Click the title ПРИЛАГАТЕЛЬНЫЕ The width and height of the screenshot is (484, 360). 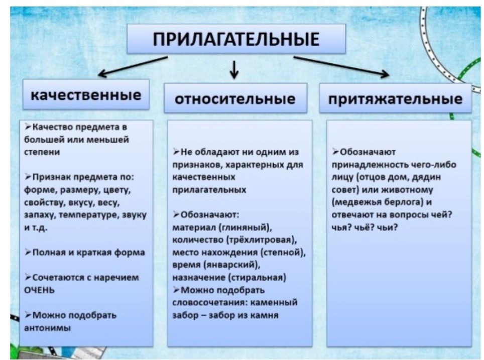click(236, 39)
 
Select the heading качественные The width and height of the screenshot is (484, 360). click(86, 94)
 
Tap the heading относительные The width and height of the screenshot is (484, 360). click(235, 99)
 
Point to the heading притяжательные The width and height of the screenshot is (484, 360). click(395, 99)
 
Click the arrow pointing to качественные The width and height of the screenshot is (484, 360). click(133, 66)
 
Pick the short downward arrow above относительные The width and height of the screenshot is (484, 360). click(234, 70)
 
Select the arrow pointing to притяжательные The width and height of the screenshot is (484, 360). click(341, 67)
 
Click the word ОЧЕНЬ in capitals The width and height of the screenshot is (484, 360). click(40, 290)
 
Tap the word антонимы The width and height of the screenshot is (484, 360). click(48, 328)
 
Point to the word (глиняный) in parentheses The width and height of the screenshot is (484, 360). click(246, 227)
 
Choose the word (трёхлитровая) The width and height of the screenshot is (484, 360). click(262, 240)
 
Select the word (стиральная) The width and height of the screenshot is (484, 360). click(258, 278)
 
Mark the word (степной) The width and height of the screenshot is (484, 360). click(283, 253)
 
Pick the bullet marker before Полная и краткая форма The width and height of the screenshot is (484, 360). click(28, 252)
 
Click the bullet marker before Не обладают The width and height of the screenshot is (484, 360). click(176, 152)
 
